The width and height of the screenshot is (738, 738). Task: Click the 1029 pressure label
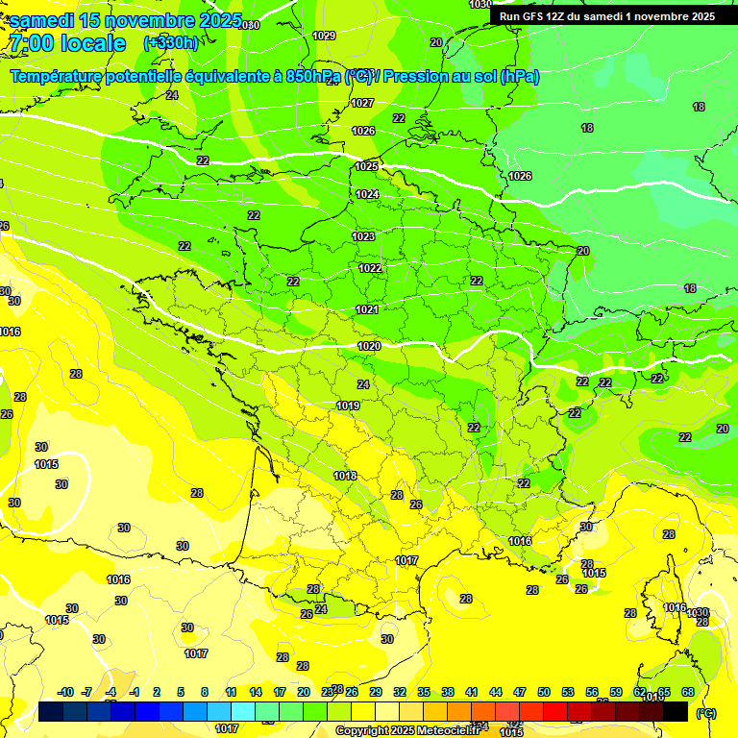tap(324, 36)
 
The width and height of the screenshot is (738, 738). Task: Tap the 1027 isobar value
tap(362, 103)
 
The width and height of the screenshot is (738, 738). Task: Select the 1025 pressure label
tap(366, 166)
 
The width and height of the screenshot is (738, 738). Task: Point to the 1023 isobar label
tap(363, 236)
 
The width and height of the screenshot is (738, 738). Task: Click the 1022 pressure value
tap(369, 268)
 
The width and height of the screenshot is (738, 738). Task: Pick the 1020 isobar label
tap(369, 346)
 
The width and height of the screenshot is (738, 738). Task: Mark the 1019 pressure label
tap(348, 406)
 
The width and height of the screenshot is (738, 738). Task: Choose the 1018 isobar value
tap(345, 476)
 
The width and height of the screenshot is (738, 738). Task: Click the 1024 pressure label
tap(367, 194)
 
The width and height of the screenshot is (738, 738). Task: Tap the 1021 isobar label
tap(366, 309)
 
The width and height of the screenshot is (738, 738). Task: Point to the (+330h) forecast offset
tap(170, 43)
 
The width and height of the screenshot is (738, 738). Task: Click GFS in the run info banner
tap(533, 16)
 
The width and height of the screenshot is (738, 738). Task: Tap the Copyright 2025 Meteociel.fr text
tap(406, 730)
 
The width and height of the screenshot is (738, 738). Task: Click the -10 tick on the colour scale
tap(65, 692)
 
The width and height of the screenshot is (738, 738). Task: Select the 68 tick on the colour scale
tap(688, 692)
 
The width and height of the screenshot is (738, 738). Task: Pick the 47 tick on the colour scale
tap(520, 692)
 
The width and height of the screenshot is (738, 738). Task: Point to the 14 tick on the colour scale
tap(256, 692)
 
